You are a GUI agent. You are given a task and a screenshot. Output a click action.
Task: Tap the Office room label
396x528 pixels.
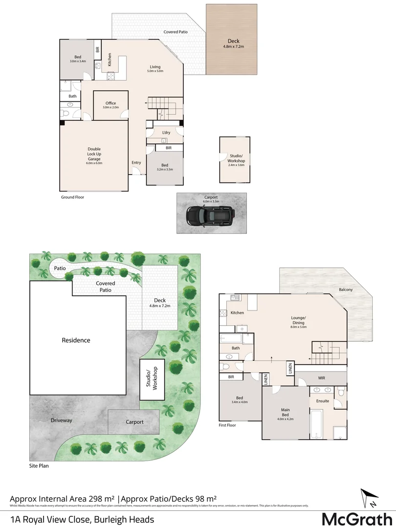click(110, 103)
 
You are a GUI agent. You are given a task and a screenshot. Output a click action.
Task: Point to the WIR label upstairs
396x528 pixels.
click(321, 378)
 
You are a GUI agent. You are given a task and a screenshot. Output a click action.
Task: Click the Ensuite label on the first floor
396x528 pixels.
click(323, 401)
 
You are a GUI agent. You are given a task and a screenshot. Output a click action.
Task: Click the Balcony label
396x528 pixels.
click(346, 289)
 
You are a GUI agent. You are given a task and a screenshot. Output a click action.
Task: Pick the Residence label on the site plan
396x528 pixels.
click(76, 340)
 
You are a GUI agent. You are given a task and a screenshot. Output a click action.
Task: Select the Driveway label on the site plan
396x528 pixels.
click(61, 420)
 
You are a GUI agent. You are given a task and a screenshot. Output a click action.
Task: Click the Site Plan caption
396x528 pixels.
click(39, 466)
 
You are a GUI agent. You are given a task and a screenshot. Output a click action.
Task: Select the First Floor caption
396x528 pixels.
click(227, 425)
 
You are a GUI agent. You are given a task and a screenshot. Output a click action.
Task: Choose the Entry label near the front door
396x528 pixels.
click(136, 163)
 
